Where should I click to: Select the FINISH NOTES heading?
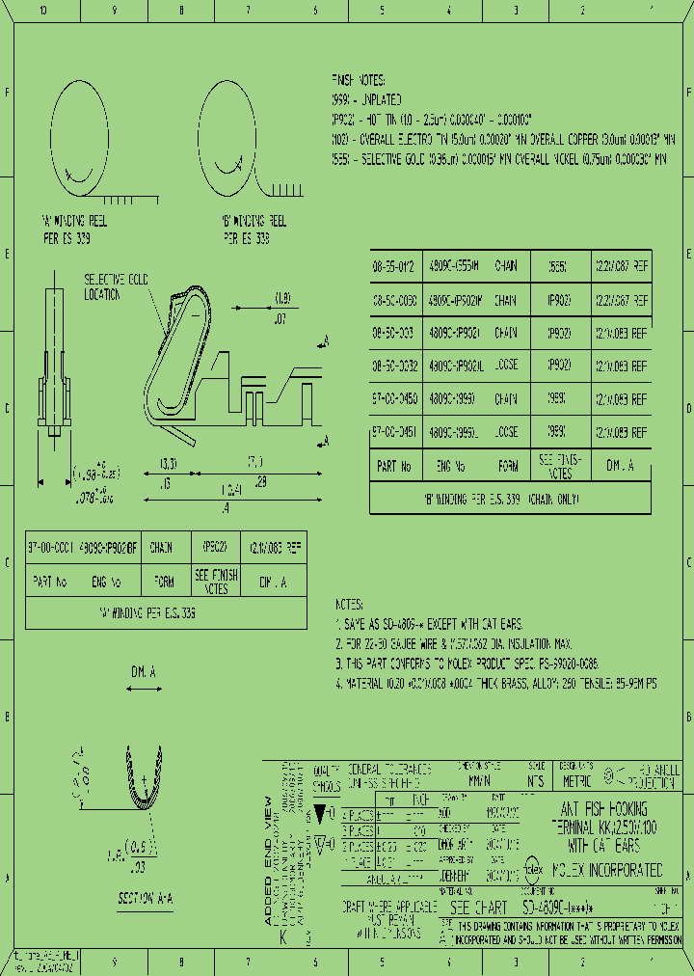(x=358, y=80)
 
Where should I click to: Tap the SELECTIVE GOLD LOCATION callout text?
(x=115, y=285)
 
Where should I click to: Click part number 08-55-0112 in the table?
(x=393, y=263)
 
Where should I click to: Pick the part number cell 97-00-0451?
(x=393, y=431)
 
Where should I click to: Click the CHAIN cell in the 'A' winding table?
(x=161, y=547)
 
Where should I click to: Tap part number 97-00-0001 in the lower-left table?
(x=47, y=547)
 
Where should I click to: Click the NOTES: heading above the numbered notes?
(x=349, y=604)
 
